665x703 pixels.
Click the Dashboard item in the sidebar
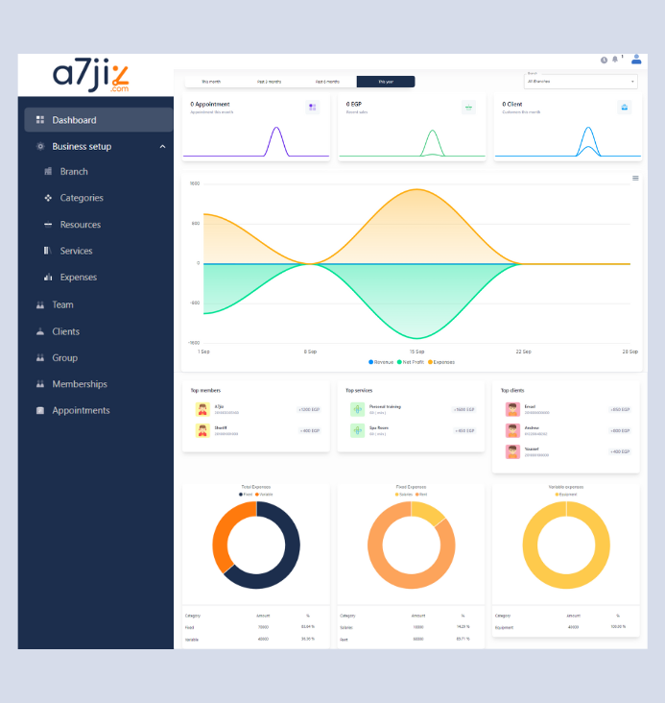74,120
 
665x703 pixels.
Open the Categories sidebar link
82,198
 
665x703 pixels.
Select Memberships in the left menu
80,384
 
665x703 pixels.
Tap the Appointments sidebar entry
81,410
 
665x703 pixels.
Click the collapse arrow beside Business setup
162,147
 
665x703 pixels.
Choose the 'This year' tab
386,82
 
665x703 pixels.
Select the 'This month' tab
211,82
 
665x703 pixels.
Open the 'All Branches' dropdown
581,82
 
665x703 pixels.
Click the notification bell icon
615,60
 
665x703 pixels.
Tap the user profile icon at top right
636,59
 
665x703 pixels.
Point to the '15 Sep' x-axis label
417,351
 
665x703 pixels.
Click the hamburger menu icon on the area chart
635,178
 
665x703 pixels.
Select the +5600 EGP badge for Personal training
463,409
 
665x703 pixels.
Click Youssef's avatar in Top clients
512,450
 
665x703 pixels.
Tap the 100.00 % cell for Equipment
618,627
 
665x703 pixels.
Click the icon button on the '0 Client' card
625,108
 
